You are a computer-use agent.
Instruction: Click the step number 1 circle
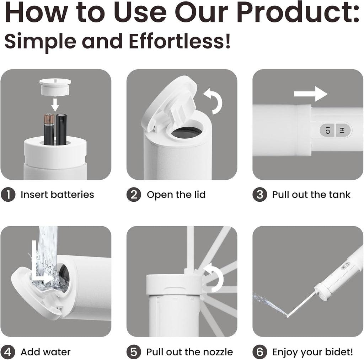coord(8,195)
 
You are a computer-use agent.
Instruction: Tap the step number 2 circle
coord(134,195)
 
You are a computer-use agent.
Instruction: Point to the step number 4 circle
coord(8,352)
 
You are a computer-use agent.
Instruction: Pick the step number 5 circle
coord(134,352)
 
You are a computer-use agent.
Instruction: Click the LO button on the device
coord(327,131)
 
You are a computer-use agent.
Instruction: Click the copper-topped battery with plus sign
coord(48,129)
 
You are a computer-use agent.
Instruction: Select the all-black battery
coord(61,129)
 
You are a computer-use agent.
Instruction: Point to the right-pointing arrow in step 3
coord(310,95)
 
